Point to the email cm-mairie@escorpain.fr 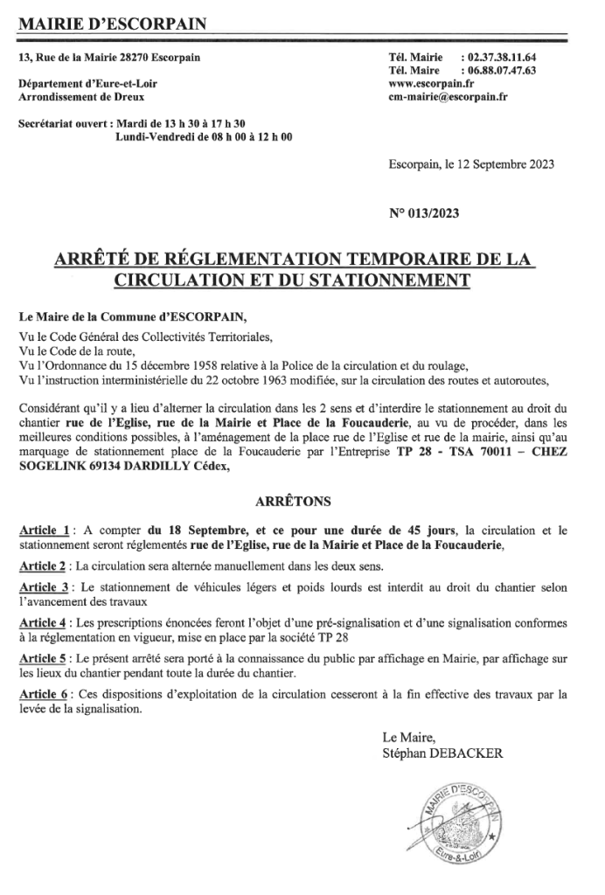[x=448, y=98]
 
